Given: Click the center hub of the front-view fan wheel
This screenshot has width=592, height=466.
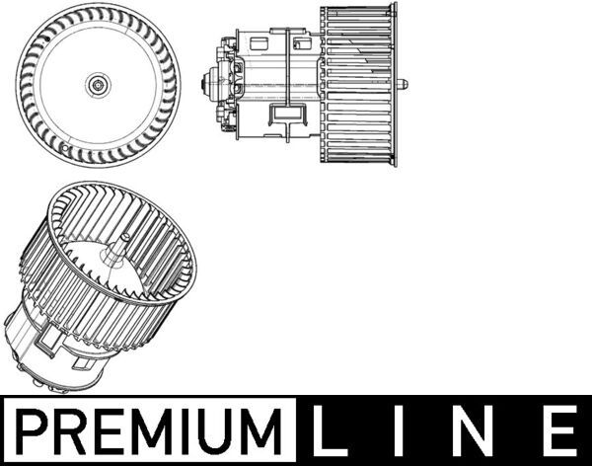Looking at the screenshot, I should coord(98,86).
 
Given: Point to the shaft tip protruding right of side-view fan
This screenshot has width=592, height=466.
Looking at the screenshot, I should coord(406,85).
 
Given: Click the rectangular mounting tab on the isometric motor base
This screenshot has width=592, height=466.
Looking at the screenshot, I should coord(49,346).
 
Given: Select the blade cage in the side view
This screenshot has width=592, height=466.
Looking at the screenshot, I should coord(358,85).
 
